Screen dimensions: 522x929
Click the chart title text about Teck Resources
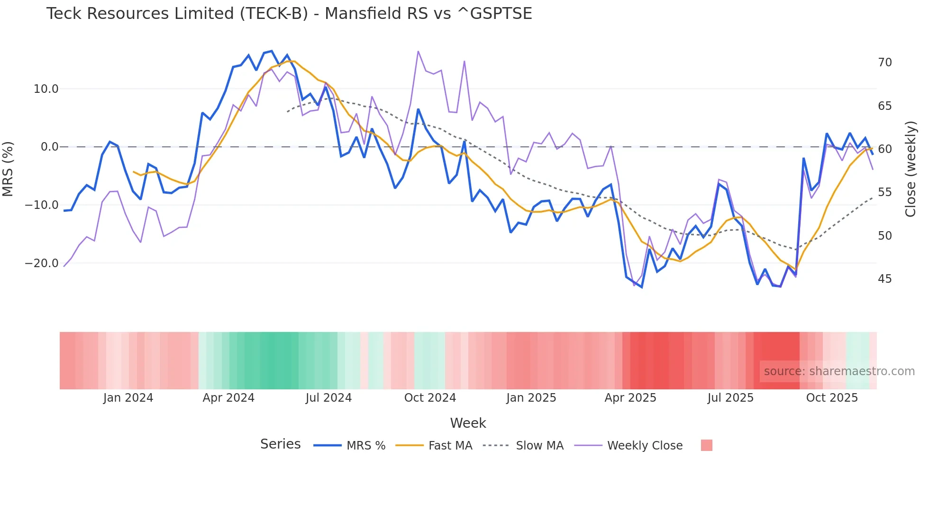(x=289, y=14)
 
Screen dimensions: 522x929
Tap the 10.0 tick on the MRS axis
(x=46, y=89)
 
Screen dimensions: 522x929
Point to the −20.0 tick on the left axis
(x=42, y=263)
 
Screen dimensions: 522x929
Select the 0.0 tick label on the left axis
(x=49, y=147)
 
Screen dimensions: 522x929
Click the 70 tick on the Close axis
(x=884, y=63)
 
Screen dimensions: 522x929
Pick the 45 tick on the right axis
(x=884, y=279)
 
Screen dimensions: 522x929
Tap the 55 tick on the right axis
(x=884, y=192)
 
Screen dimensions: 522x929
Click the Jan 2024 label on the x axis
(x=128, y=398)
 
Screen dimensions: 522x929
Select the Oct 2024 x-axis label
(x=430, y=398)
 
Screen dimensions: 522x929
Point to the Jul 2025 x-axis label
(x=730, y=398)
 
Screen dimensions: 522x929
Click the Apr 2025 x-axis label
(x=630, y=398)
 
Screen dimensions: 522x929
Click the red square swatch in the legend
(x=706, y=445)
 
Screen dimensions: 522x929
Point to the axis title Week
(x=468, y=423)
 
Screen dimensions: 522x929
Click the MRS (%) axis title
(x=8, y=169)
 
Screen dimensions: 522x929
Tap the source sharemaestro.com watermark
(x=839, y=371)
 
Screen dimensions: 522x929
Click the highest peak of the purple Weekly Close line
(x=418, y=51)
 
